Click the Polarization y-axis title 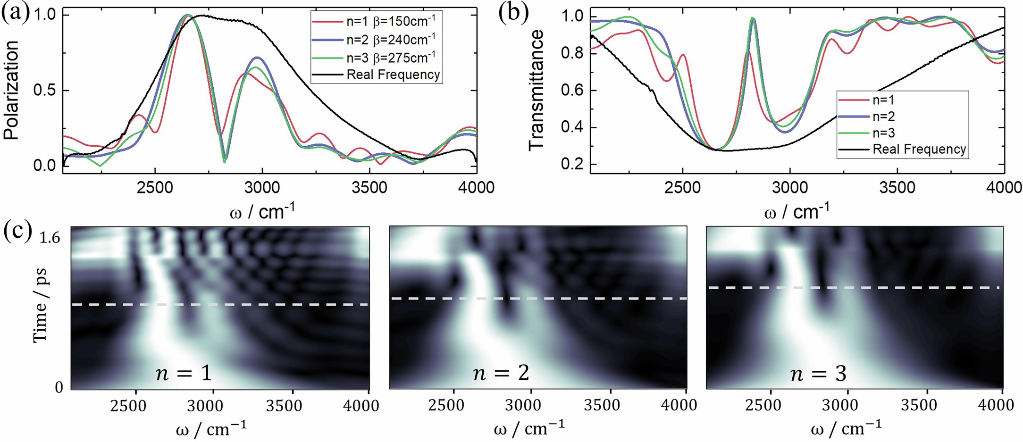[11, 90]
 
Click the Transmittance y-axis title [537, 90]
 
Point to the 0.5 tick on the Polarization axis [44, 91]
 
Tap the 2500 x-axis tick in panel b [682, 188]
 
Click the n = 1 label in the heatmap [184, 374]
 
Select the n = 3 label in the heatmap [818, 374]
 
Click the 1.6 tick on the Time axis [50, 238]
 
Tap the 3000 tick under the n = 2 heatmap [532, 405]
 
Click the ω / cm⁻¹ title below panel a [262, 212]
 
